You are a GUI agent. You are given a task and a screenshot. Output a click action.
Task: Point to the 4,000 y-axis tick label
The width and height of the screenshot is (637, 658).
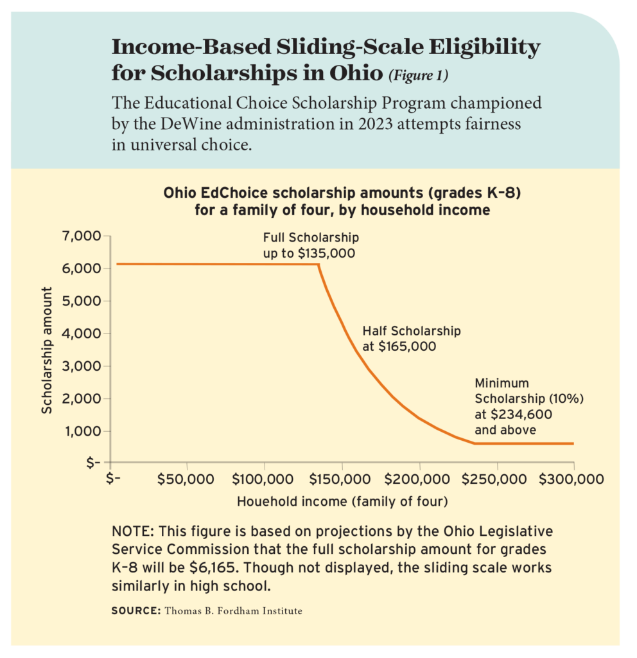83,333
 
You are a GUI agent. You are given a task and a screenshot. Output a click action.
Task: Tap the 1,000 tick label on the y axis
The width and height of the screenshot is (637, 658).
83,431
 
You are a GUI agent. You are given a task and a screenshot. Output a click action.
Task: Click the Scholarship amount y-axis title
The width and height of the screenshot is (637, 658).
46,350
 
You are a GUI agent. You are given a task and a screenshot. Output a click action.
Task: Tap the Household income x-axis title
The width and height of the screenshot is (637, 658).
342,501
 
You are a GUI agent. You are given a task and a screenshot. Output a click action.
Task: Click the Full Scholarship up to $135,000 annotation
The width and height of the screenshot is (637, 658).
310,245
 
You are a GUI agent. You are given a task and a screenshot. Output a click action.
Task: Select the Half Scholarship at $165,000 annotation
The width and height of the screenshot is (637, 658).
412,339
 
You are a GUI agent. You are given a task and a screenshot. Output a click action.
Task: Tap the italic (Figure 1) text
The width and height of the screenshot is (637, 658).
418,76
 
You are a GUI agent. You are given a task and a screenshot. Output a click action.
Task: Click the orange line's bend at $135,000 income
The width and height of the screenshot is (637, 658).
318,265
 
